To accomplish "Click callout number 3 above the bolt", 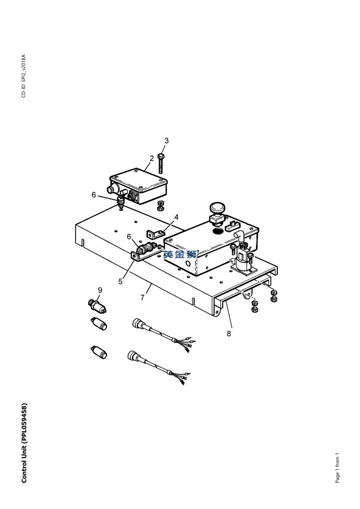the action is tap(167, 141).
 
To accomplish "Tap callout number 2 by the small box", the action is tap(152, 158).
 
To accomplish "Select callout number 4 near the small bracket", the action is tap(176, 217).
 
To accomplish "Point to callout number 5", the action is tap(121, 281).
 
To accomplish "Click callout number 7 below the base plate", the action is tap(143, 297).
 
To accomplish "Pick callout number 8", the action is tap(229, 333).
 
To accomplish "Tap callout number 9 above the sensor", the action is tap(100, 290).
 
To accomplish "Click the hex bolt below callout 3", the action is tap(161, 163).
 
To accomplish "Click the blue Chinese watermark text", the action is tap(180, 254).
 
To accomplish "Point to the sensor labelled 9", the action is tap(98, 306).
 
